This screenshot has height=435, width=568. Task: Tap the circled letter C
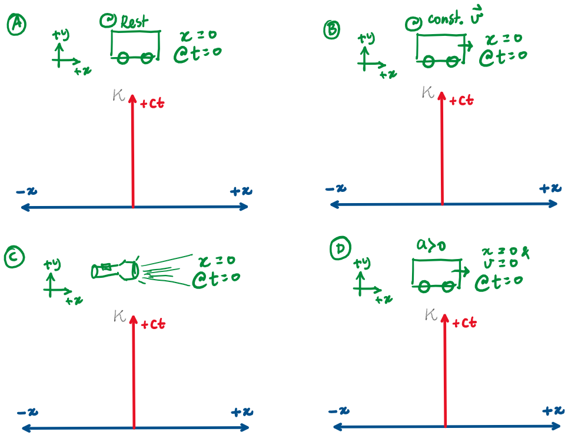(14, 257)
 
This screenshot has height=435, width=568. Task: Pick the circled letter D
(339, 250)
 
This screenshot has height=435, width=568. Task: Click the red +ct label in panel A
(152, 104)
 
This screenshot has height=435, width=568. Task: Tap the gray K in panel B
(428, 92)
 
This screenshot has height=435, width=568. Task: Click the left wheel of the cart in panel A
(123, 58)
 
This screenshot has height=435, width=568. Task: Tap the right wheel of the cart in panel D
(448, 286)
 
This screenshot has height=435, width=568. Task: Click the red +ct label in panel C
(152, 323)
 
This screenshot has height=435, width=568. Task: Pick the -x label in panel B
(336, 188)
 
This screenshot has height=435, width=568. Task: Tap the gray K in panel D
(430, 316)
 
